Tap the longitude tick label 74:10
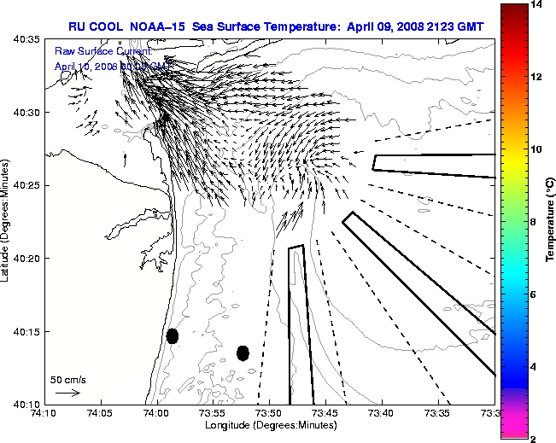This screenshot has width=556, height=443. coord(44,413)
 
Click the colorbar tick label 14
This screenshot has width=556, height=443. coord(536,5)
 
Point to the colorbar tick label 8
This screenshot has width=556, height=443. coord(533,221)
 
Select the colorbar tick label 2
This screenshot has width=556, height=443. coord(533,438)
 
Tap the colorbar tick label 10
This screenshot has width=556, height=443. coord(536,149)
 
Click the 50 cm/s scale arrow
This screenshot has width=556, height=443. coord(67,393)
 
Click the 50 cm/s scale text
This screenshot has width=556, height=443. coord(68,379)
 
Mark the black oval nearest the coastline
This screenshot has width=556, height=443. coord(173,335)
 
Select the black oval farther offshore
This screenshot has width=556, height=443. coord(243,353)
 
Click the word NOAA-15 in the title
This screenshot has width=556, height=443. coord(159,26)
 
